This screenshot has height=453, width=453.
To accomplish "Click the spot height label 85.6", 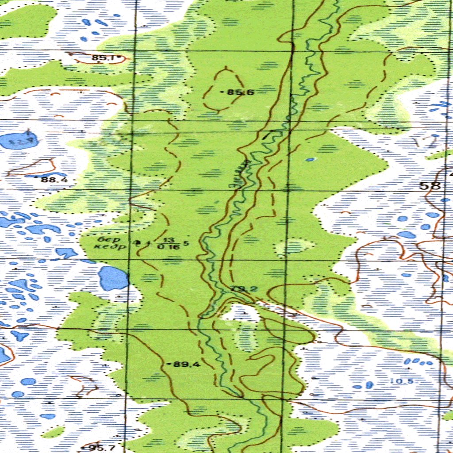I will click(x=240, y=92).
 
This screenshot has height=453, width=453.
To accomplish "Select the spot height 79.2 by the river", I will click(x=244, y=289).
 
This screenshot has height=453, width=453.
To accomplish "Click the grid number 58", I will click(x=430, y=185).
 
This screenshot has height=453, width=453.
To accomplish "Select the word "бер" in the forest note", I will click(x=106, y=239).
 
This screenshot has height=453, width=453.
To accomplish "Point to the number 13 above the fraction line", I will click(x=169, y=240).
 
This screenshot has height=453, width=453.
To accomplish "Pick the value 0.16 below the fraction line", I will click(x=169, y=247).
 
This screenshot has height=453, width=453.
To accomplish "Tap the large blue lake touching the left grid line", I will click(x=113, y=278).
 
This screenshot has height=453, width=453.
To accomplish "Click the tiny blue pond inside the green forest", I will click(x=311, y=159).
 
